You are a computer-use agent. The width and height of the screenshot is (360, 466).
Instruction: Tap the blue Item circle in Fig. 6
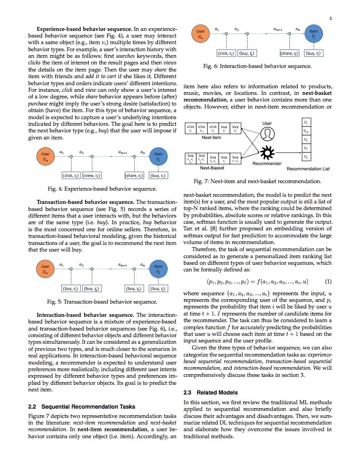(313, 34)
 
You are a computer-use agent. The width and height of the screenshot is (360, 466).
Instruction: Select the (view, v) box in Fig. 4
(92, 176)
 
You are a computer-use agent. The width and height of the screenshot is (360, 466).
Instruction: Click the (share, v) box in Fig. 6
(289, 53)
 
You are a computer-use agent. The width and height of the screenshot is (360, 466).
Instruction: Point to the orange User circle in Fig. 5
(45, 269)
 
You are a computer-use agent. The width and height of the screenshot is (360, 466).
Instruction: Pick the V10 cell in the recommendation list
(306, 131)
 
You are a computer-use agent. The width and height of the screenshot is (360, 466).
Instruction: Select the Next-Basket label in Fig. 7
(211, 168)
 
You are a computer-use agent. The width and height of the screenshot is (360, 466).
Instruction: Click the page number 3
(330, 18)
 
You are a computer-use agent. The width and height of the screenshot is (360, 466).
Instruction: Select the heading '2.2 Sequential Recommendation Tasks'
(81, 406)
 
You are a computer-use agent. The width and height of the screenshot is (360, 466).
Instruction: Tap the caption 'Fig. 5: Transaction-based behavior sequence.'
(102, 302)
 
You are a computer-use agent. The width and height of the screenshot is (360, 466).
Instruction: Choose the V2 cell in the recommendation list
(306, 157)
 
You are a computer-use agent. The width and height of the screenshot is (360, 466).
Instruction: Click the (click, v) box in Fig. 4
(71, 176)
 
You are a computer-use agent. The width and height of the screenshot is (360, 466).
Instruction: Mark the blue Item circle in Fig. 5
(158, 269)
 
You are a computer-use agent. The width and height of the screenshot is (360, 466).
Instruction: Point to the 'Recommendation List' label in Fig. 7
(308, 169)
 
